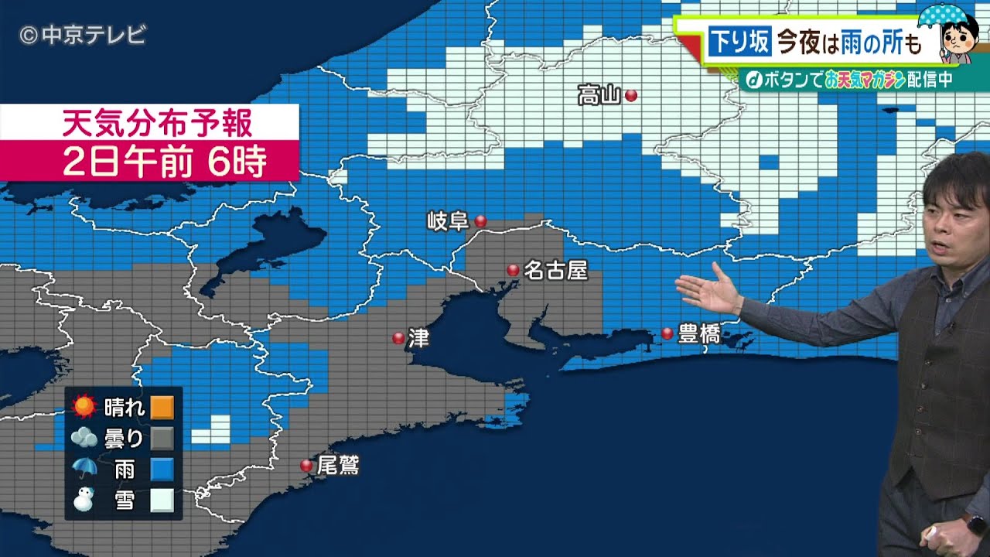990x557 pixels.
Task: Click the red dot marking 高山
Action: (631, 96)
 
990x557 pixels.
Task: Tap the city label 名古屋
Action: (555, 270)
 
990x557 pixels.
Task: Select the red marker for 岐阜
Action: (480, 221)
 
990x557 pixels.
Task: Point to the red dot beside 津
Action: (398, 338)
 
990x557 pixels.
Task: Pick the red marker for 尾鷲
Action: (306, 465)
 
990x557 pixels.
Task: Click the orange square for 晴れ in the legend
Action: (162, 407)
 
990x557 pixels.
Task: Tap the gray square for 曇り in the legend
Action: (162, 439)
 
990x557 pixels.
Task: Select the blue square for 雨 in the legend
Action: (162, 470)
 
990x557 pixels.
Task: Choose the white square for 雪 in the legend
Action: (162, 501)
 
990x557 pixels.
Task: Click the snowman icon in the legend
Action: (84, 500)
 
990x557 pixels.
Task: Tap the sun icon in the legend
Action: (84, 406)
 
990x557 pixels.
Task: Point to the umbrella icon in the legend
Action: (84, 468)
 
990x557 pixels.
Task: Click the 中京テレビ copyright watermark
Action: (82, 35)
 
